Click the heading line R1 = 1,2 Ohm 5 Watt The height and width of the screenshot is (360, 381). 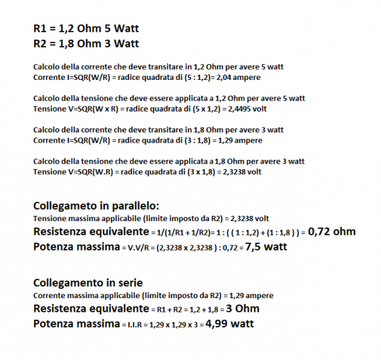pos(86,30)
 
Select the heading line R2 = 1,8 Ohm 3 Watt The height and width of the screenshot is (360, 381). pos(86,44)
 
